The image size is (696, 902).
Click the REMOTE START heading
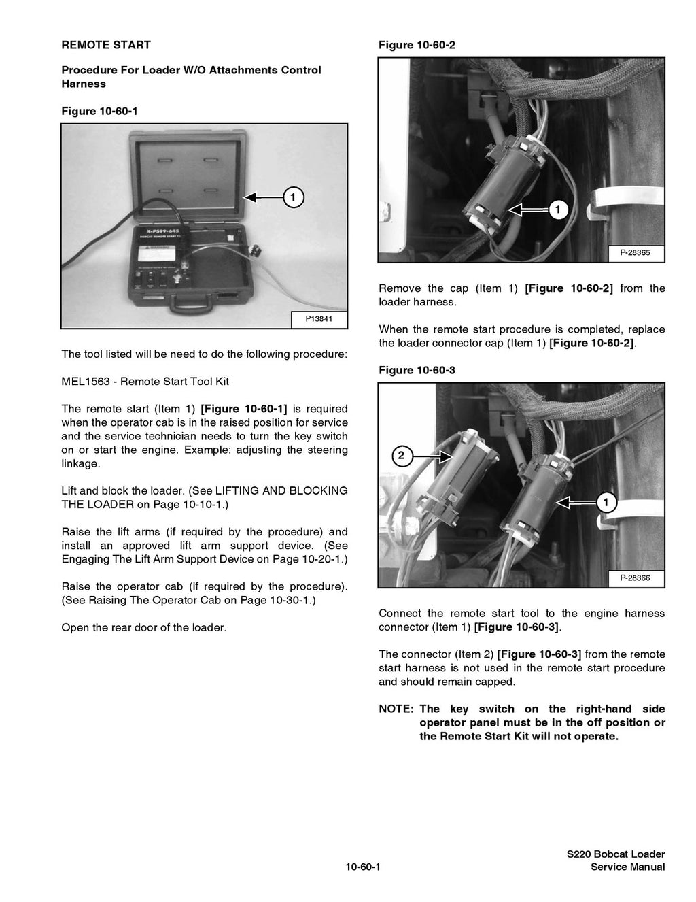point(106,45)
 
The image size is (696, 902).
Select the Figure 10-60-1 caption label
point(99,111)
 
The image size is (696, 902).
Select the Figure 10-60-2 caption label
point(417,45)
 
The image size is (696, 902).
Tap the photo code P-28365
point(635,252)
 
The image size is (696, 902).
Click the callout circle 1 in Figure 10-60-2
point(557,210)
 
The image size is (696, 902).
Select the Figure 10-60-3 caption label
point(417,370)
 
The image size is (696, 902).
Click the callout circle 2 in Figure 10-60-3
point(401,456)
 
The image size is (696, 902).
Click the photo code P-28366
point(635,578)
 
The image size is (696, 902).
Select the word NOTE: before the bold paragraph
point(396,709)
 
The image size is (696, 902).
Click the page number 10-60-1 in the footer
point(362,867)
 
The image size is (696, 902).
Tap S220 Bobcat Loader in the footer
point(616,854)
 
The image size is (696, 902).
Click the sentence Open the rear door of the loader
point(144,627)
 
